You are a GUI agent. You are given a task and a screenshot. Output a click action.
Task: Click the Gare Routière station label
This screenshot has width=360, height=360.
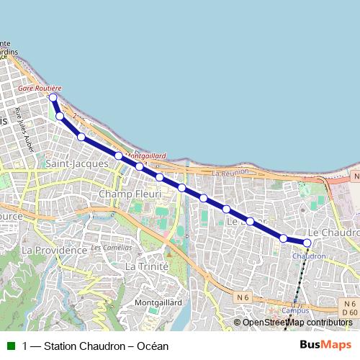(x=40, y=88)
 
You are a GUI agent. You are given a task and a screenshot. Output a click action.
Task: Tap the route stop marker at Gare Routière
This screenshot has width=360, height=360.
(x=53, y=96)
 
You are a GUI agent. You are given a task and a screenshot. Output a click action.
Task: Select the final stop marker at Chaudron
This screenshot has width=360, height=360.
(x=307, y=243)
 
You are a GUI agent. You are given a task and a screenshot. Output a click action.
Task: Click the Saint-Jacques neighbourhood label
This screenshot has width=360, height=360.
(x=77, y=164)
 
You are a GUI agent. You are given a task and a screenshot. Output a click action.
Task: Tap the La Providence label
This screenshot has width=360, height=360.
(x=54, y=250)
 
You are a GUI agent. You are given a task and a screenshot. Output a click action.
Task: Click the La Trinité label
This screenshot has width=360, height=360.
(x=147, y=266)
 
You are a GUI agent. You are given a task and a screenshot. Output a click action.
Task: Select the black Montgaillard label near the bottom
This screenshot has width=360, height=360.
(x=158, y=303)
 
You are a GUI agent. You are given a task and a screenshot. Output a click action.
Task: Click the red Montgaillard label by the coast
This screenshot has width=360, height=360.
(x=146, y=156)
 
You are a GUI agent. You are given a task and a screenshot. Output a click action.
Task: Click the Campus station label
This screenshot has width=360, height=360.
(x=295, y=310)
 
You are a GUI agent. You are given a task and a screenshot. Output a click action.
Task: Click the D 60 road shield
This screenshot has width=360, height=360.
(x=349, y=312)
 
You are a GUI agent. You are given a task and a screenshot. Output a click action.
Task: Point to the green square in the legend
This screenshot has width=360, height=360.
(x=10, y=346)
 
